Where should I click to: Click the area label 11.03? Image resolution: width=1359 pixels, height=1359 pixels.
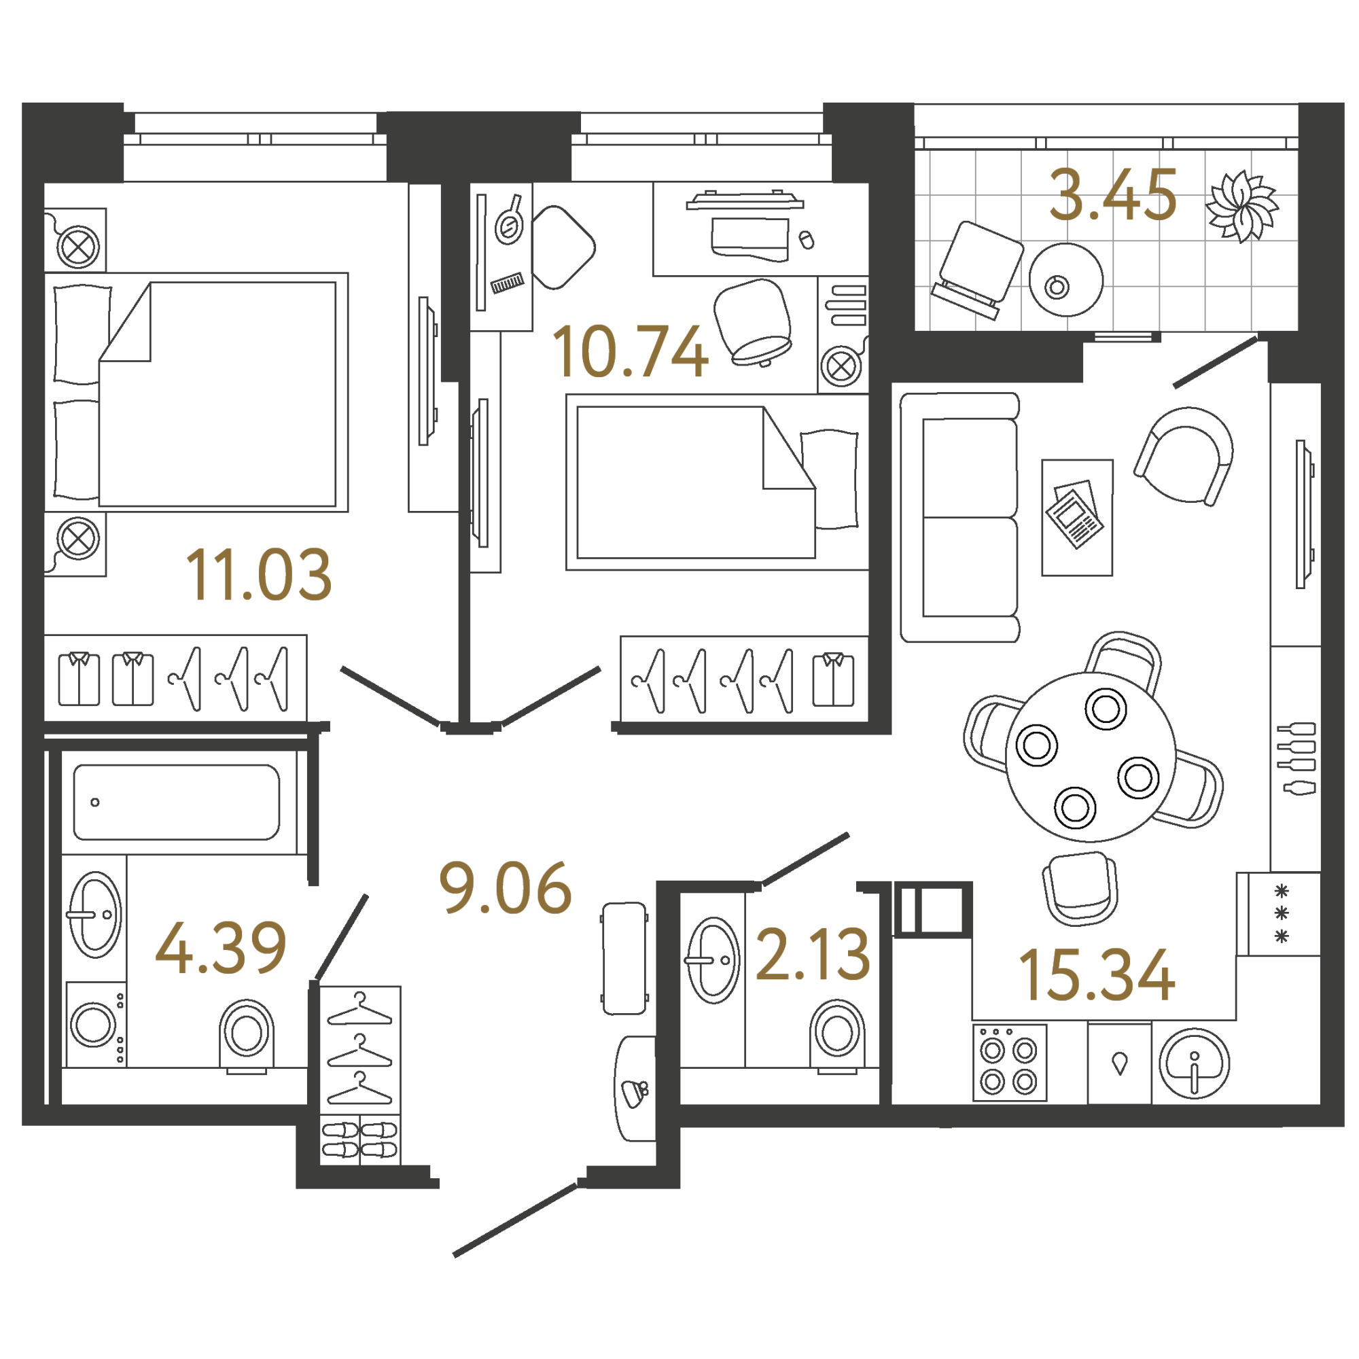tap(258, 575)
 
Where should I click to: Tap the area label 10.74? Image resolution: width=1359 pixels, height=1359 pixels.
tap(631, 351)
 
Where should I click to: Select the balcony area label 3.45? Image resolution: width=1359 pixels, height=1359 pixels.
tap(1113, 195)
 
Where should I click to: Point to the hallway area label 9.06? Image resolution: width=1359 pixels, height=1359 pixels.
tap(505, 887)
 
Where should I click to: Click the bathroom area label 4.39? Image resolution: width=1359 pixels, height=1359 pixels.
tap(221, 947)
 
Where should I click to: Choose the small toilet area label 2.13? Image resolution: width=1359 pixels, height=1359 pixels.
tap(813, 954)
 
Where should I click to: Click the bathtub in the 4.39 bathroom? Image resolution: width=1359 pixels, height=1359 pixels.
tap(177, 802)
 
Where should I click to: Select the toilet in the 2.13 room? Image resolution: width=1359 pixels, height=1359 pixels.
tap(837, 1035)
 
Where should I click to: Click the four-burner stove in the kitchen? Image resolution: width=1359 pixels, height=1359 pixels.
tap(1010, 1062)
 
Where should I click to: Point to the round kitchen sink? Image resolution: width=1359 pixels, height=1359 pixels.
tap(1194, 1063)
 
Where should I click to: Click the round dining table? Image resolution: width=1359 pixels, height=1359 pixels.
tap(1091, 757)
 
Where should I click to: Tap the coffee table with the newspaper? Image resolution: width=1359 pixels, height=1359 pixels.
tap(1077, 517)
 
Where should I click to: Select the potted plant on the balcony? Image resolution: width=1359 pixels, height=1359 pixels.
tap(1241, 206)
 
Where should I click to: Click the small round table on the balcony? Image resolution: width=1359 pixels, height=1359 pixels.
tap(1065, 280)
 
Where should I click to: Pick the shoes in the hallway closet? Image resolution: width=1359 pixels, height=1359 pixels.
tap(359, 1140)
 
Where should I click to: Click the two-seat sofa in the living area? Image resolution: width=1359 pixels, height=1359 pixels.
tap(960, 517)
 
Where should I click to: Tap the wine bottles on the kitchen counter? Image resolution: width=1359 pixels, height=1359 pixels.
tap(1296, 758)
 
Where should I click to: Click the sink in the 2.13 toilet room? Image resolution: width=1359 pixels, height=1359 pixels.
tap(713, 959)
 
